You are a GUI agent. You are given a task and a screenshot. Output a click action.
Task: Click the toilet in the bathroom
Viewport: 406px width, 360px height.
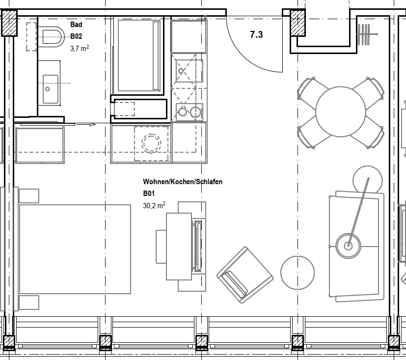51,37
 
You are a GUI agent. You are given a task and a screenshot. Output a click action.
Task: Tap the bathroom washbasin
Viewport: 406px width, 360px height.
50,89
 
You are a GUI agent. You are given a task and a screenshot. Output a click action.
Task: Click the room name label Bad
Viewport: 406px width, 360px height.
76,25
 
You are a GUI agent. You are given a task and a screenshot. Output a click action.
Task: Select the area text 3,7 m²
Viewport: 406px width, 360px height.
80,48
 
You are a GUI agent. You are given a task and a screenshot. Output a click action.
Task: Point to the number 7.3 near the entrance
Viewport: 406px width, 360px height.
256,34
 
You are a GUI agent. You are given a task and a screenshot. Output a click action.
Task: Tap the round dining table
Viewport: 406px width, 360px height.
341,111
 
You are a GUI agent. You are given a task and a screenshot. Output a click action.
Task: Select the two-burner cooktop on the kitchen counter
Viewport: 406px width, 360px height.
189,112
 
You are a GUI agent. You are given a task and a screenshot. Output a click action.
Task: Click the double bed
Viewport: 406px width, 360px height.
75,249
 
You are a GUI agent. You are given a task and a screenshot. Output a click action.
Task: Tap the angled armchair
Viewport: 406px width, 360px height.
244,275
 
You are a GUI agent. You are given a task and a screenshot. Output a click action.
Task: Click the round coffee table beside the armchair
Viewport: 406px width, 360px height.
298,273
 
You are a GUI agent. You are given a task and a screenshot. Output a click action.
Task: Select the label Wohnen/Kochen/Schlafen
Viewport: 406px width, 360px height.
183,182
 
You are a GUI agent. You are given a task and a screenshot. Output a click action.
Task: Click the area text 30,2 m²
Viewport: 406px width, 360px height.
154,205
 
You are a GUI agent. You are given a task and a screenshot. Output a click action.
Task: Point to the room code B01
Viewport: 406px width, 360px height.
149,194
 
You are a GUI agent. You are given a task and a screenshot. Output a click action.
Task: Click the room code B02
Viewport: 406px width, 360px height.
76,36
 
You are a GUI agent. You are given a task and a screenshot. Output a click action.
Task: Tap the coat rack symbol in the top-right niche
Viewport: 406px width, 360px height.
367,34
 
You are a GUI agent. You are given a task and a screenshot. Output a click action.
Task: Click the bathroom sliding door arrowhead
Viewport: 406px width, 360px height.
93,125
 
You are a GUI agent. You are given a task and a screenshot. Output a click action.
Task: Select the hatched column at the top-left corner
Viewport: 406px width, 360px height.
9,23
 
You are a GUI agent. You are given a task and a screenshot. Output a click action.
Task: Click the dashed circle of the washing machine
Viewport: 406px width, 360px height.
151,143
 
